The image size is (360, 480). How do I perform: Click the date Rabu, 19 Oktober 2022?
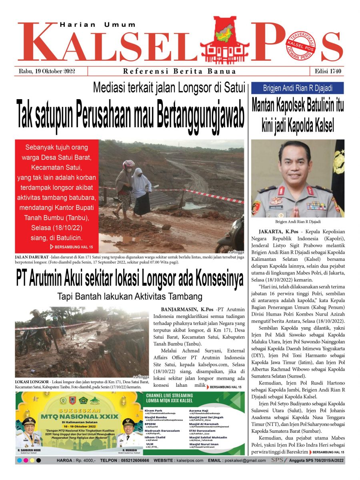(x=47, y=72)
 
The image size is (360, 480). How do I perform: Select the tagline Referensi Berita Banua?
(x=180, y=72)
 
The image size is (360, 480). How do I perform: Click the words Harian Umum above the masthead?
(x=98, y=25)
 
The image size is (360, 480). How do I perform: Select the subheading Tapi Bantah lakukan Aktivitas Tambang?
(x=129, y=296)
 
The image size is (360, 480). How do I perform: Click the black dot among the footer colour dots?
(x=38, y=461)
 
